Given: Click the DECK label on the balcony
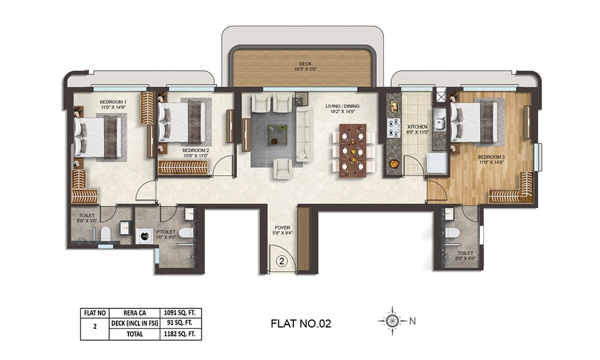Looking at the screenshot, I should [x=305, y=64].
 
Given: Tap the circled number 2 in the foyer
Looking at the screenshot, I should [x=283, y=261].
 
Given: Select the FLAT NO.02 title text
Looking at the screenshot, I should [x=301, y=323].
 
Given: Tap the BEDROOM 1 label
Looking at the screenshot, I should [x=112, y=103].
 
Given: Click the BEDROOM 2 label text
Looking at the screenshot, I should [x=196, y=150].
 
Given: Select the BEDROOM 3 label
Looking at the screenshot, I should [x=491, y=158].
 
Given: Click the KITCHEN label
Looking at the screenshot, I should [x=417, y=127].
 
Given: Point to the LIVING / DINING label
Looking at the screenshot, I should [x=341, y=106].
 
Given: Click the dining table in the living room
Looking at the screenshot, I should [x=352, y=150].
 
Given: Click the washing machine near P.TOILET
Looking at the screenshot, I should [x=145, y=236].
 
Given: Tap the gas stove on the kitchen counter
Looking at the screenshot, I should [x=394, y=128].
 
